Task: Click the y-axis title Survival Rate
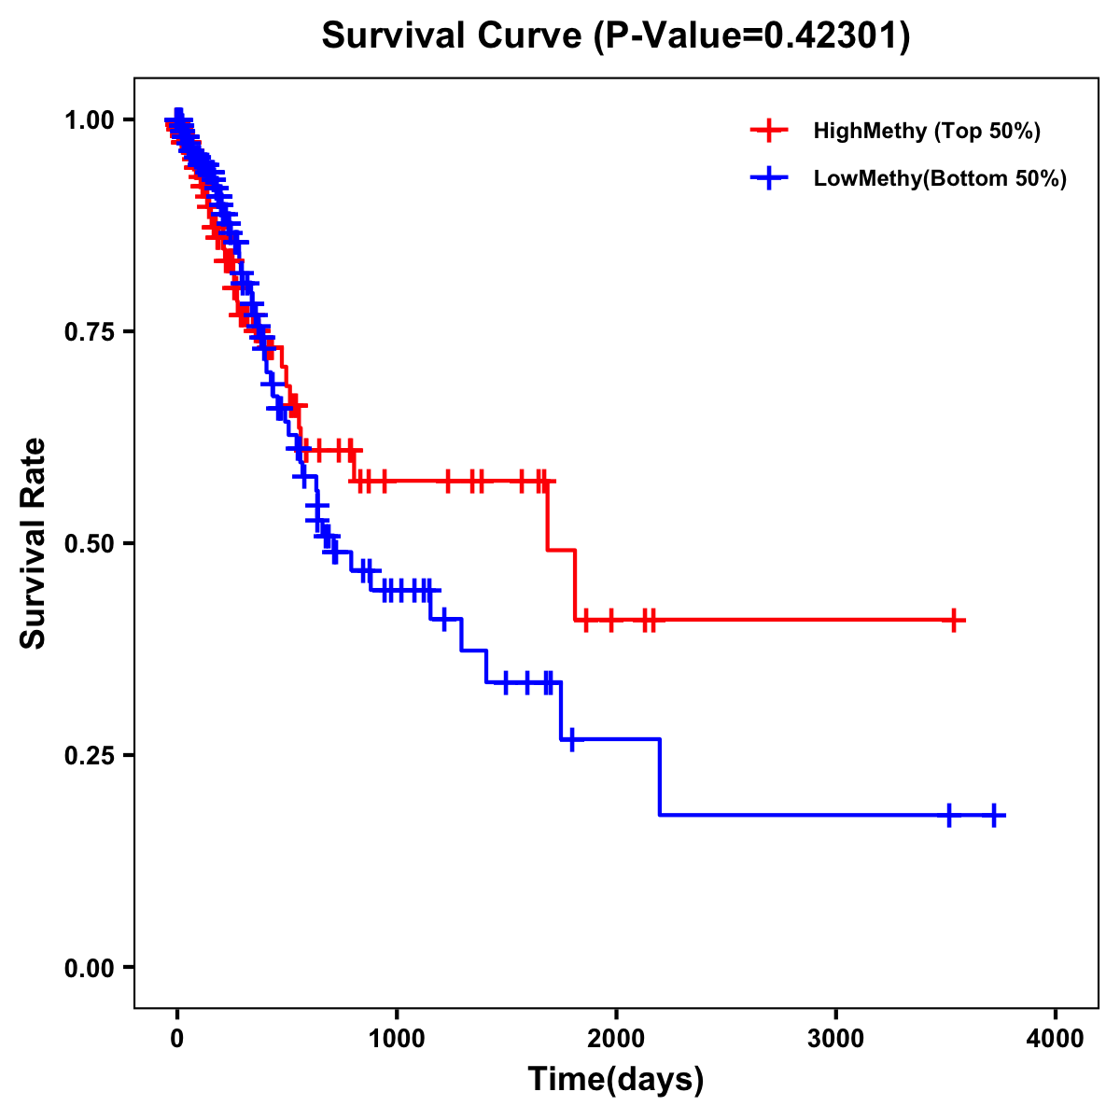tap(34, 542)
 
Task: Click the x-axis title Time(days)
tap(616, 1079)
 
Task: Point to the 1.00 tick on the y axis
tap(91, 119)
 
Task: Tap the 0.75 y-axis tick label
tap(91, 331)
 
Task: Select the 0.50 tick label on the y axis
tap(91, 543)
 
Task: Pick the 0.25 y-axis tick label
tap(91, 755)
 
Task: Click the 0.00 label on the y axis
tap(91, 967)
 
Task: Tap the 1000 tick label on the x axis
tap(397, 1038)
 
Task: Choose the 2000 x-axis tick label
tap(616, 1038)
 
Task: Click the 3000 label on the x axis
tap(835, 1038)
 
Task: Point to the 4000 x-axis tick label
tap(1056, 1038)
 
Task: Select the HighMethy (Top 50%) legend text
tap(927, 131)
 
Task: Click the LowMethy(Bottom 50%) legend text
tap(940, 178)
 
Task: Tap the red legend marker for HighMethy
tap(768, 131)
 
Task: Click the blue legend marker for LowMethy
tap(768, 178)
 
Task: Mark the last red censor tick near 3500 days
tap(954, 620)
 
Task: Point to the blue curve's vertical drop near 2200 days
tap(660, 777)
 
